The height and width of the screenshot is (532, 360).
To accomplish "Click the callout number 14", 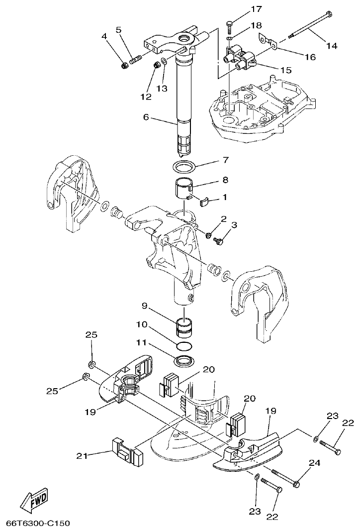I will click(331, 46).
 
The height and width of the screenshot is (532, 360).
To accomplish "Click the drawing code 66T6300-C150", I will click(38, 523).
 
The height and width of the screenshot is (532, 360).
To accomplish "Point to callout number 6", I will click(145, 117).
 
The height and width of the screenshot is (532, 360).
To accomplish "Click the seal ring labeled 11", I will click(184, 359).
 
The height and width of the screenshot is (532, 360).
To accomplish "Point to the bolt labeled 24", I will click(285, 478).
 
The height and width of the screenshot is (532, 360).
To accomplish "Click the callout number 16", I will click(310, 57).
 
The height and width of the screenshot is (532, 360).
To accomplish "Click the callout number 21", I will click(83, 455).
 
